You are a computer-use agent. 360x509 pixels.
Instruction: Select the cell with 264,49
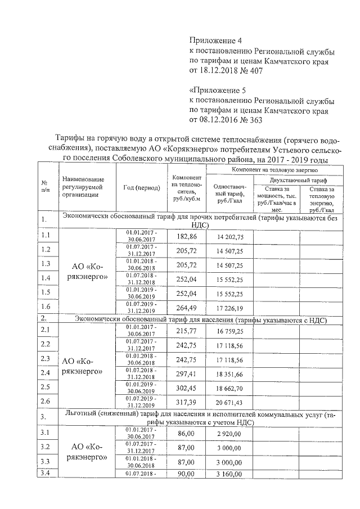tap(187, 307)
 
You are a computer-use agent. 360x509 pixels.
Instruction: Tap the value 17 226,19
tap(229, 307)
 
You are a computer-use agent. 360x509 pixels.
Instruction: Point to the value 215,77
tap(187, 330)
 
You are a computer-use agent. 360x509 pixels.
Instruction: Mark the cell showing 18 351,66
tap(229, 373)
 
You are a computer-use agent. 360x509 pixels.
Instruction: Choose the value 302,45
tap(187, 388)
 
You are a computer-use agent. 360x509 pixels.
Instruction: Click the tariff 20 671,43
tap(229, 402)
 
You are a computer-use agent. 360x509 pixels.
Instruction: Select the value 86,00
tap(187, 433)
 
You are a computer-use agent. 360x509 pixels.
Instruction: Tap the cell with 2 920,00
tap(229, 433)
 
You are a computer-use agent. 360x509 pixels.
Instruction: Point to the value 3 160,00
tap(229, 474)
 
